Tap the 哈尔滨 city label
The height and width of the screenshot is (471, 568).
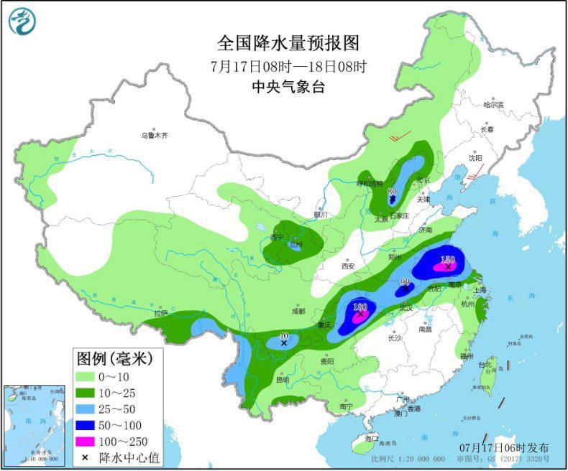[x=494, y=105]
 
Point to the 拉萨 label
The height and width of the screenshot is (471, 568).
[x=160, y=313]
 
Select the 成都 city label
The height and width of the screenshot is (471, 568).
[x=298, y=311]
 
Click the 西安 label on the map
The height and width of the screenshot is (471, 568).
[x=349, y=265]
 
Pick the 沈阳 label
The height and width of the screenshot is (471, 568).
[x=475, y=157]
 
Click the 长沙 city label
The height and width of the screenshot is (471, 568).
[x=394, y=337]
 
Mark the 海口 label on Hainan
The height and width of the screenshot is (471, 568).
[x=371, y=438]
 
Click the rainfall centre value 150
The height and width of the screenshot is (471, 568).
[x=448, y=259]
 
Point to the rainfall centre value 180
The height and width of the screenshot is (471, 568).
[x=360, y=307]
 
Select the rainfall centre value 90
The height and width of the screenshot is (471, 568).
[x=405, y=282]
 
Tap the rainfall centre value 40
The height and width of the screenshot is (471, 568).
[x=283, y=335]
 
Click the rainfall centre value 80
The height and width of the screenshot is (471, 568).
[x=392, y=192]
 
